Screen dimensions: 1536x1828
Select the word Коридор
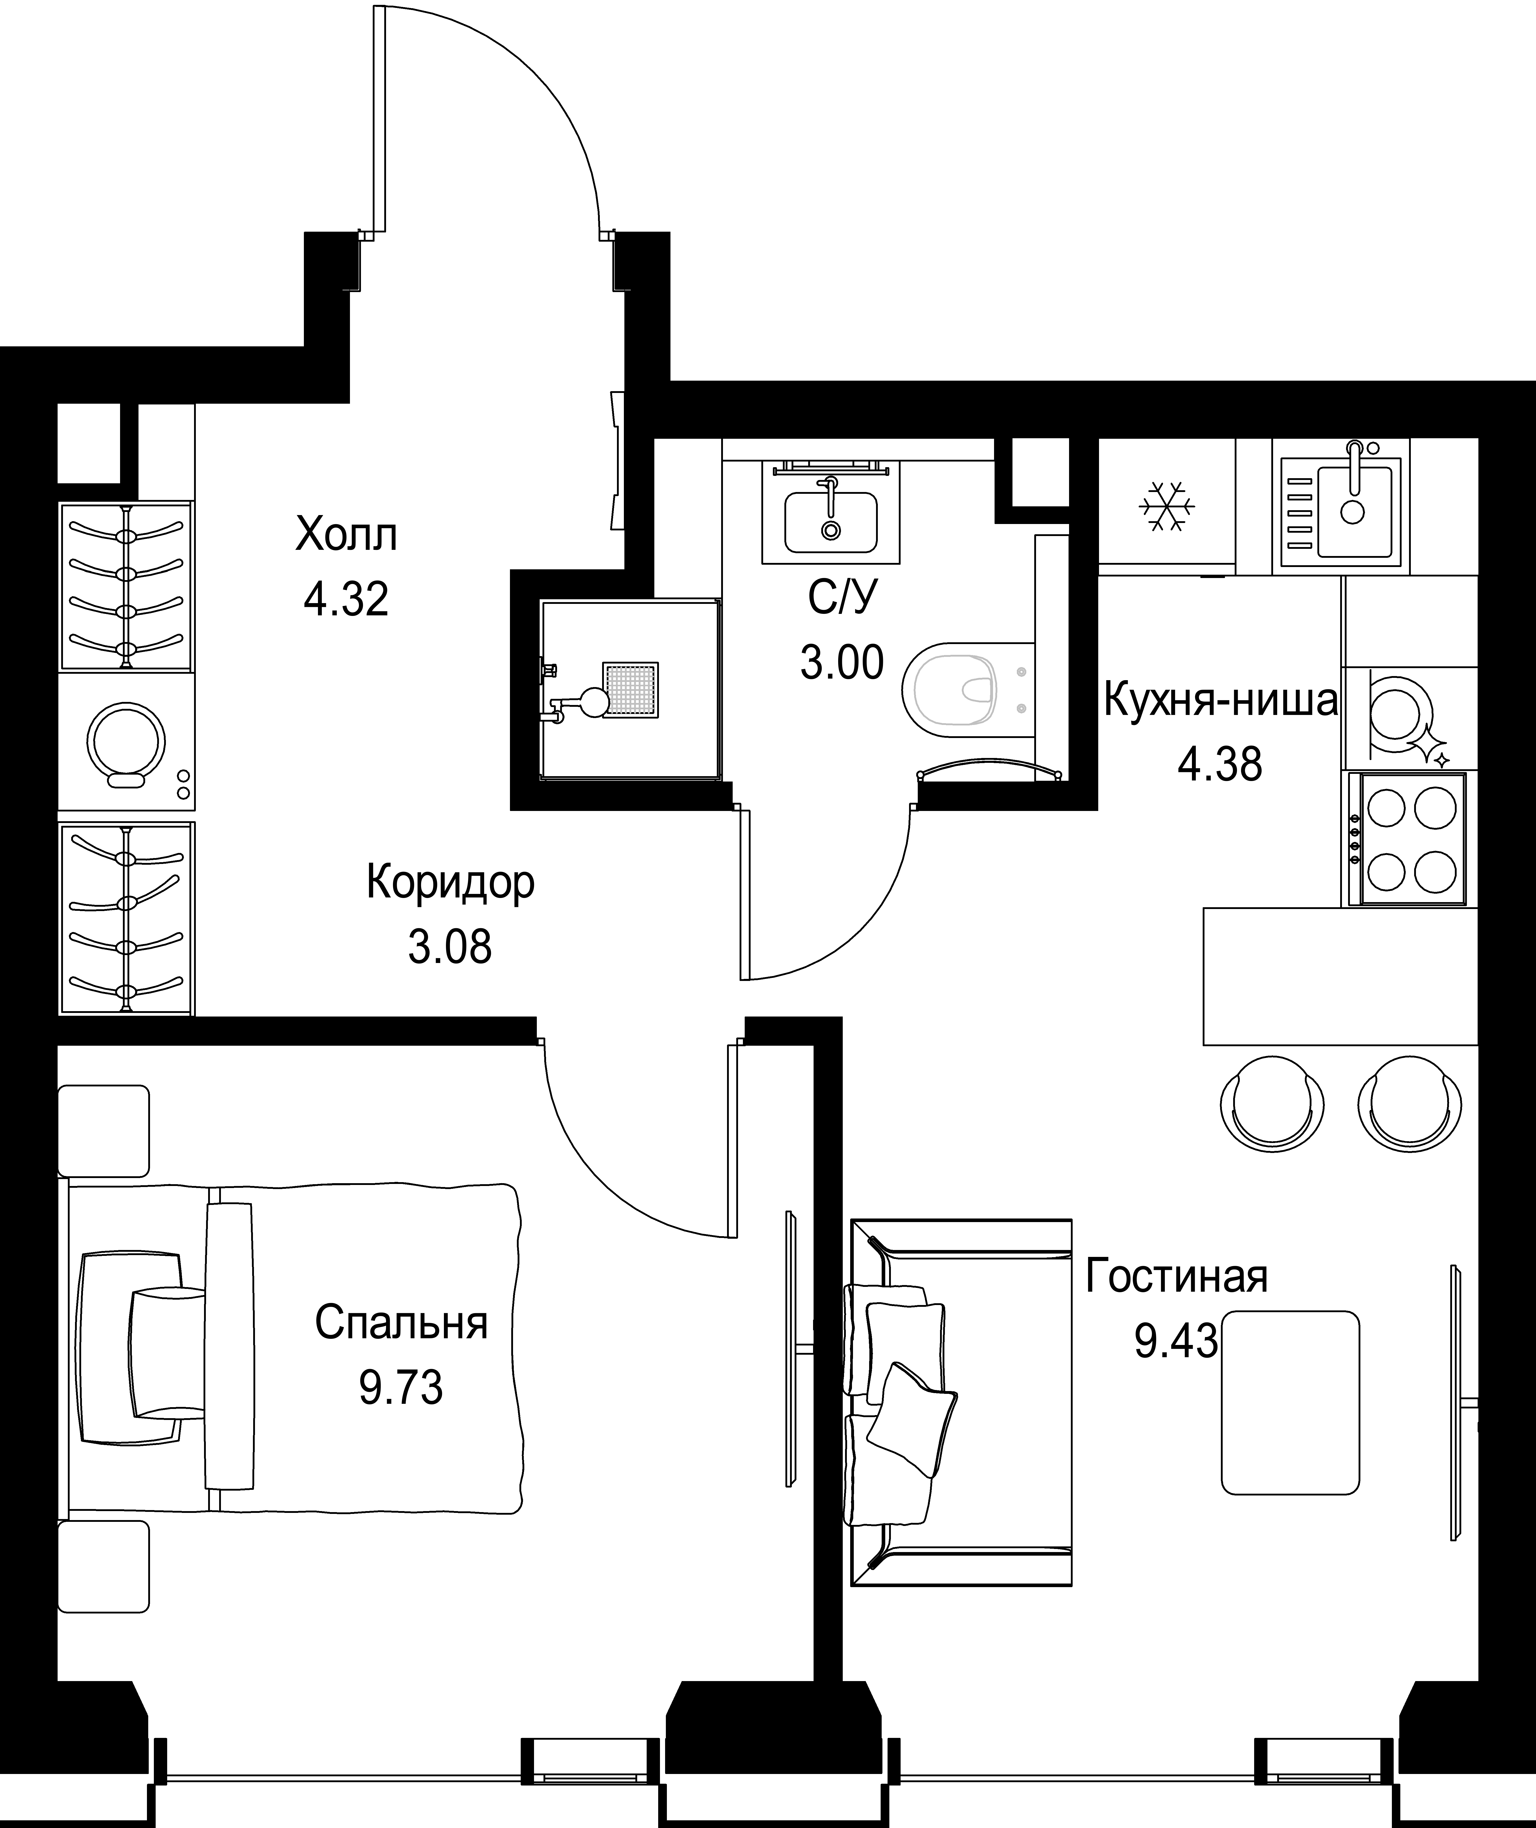coord(450,883)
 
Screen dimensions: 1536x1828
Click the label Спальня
coord(401,1323)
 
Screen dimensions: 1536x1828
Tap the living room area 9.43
coord(1176,1341)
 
